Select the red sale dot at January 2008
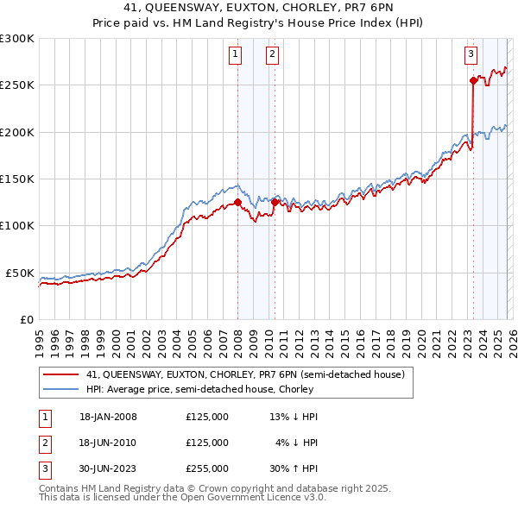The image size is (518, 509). [x=237, y=203]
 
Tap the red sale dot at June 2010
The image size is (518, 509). [x=275, y=203]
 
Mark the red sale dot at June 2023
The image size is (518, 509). [x=473, y=81]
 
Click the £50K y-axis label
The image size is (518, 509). [x=20, y=273]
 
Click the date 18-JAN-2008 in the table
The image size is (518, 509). [x=108, y=417]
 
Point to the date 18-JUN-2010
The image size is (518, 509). [x=108, y=443]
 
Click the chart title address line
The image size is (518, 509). [x=259, y=9]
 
